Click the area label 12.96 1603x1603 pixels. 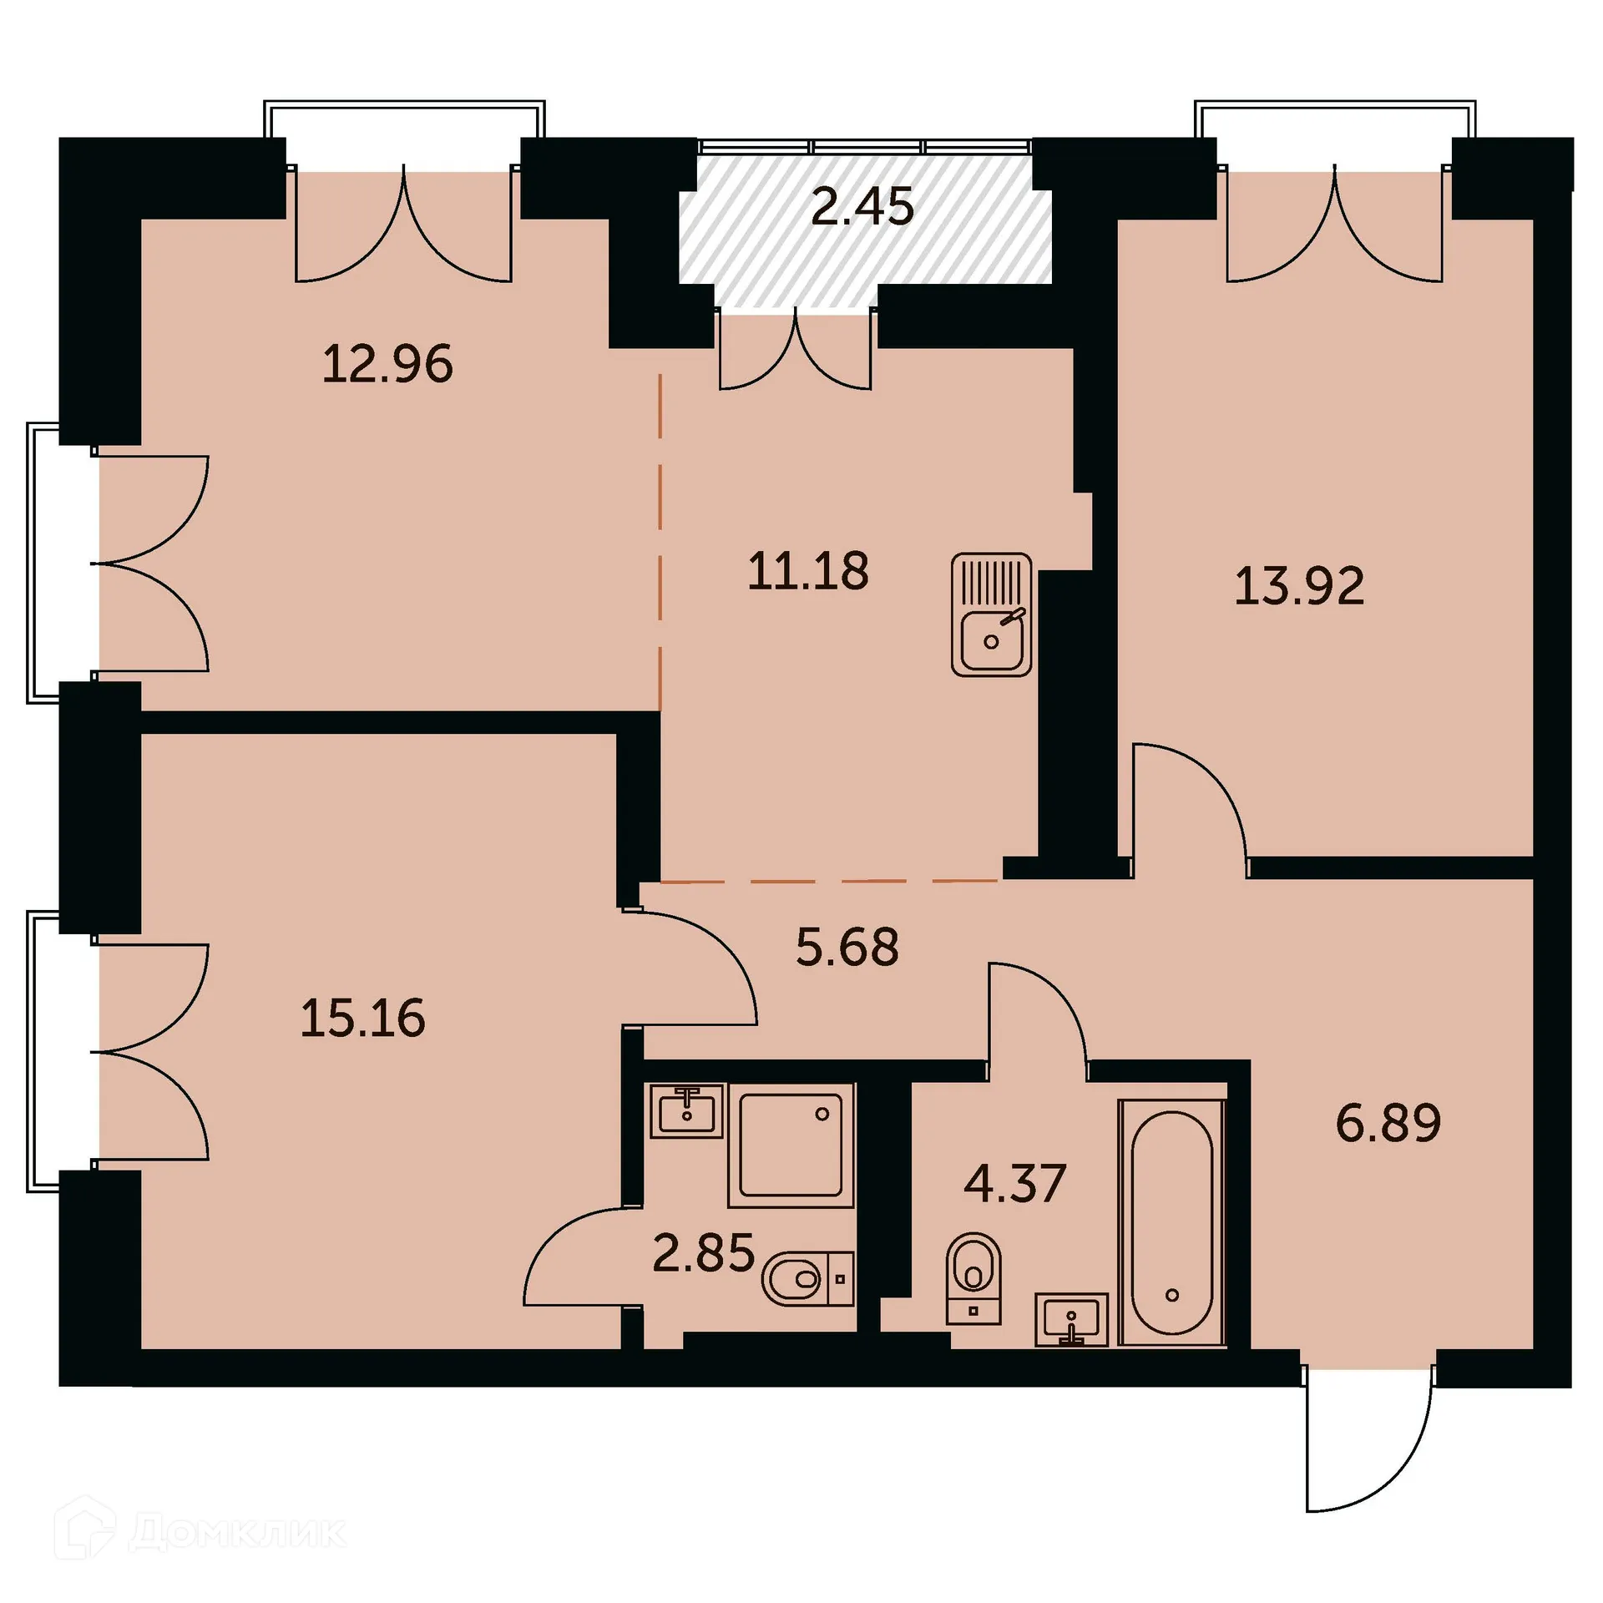pyautogui.click(x=387, y=364)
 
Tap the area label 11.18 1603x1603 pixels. pyautogui.click(x=807, y=572)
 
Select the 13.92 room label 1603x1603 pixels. pyautogui.click(x=1299, y=586)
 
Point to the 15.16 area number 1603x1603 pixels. pyautogui.click(x=362, y=1019)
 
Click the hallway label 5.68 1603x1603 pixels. pyautogui.click(x=847, y=948)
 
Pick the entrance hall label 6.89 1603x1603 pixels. pyautogui.click(x=1388, y=1123)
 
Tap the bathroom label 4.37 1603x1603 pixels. pyautogui.click(x=1014, y=1183)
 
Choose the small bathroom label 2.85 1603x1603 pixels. pyautogui.click(x=703, y=1253)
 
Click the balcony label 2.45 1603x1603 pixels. pyautogui.click(x=862, y=206)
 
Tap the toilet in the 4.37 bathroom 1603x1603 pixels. pyautogui.click(x=973, y=1277)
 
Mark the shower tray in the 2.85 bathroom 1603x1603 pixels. pyautogui.click(x=790, y=1145)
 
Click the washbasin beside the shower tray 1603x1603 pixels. pyautogui.click(x=686, y=1111)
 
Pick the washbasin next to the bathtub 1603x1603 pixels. pyautogui.click(x=1071, y=1320)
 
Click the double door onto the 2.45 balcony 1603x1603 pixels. pyautogui.click(x=796, y=351)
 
